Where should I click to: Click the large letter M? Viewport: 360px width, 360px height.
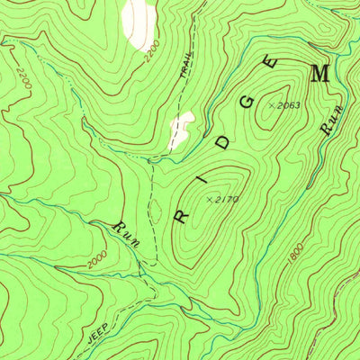point(319,75)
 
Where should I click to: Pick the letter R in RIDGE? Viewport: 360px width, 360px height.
point(180,218)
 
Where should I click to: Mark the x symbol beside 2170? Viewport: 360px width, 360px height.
point(210,198)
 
